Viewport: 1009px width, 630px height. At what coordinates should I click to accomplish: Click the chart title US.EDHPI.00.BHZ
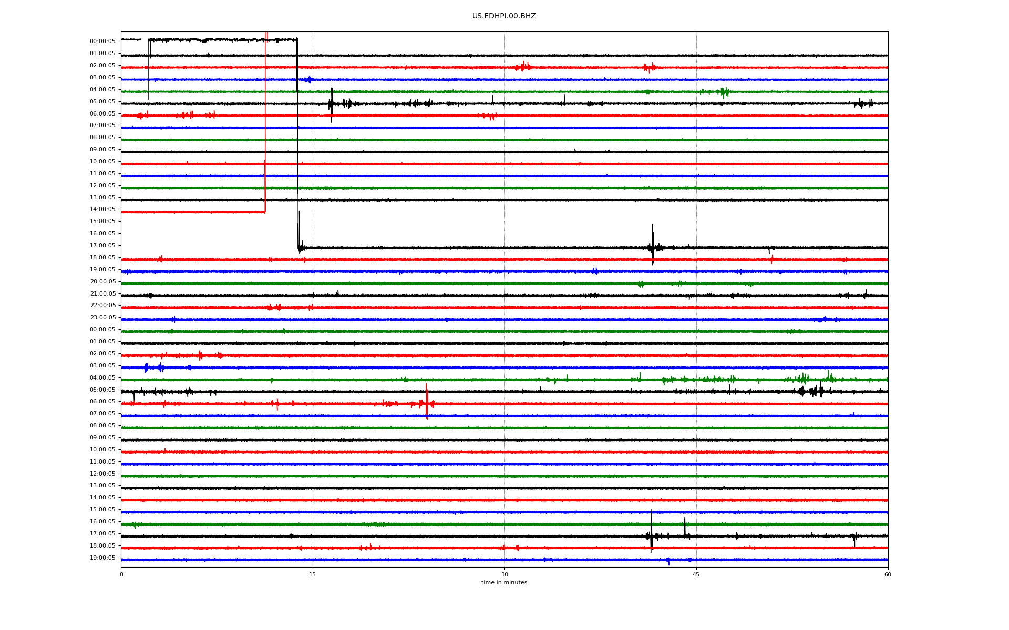504,16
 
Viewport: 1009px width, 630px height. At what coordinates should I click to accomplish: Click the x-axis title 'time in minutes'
504,582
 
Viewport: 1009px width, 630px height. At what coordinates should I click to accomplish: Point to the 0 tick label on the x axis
121,574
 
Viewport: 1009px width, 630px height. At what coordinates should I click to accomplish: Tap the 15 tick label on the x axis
313,574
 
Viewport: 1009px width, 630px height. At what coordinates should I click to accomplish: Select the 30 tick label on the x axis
504,574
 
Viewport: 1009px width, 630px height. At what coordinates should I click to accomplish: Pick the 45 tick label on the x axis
696,574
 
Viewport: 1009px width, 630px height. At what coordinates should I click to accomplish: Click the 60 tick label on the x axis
888,574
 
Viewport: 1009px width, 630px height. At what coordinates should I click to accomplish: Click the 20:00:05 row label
102,282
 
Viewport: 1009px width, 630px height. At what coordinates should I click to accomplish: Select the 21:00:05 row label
102,294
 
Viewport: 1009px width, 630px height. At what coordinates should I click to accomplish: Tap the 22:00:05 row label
102,306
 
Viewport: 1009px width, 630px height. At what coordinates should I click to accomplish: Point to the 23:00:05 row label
102,318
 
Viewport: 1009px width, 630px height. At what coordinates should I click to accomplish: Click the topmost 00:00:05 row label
102,41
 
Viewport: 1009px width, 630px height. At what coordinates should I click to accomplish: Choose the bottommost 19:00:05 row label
102,558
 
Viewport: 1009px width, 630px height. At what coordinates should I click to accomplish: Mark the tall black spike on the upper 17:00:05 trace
653,245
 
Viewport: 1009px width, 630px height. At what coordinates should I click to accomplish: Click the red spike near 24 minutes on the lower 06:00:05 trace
427,402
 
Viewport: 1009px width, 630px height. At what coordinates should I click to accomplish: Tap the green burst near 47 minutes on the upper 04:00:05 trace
724,92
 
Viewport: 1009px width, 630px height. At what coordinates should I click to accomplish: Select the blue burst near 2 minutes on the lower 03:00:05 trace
146,368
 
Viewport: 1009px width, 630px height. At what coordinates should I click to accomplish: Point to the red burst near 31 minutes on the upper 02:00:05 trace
523,66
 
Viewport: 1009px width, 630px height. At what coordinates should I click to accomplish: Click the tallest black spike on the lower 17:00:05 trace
651,531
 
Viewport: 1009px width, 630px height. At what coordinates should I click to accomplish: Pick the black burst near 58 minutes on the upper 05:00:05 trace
864,103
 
